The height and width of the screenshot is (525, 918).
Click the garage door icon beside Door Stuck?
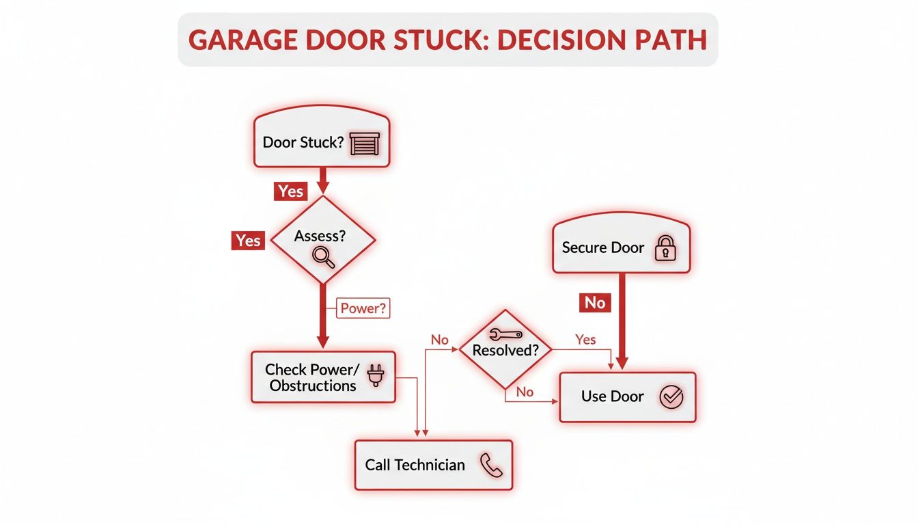[363, 144]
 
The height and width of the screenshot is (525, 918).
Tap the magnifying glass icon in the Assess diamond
[323, 256]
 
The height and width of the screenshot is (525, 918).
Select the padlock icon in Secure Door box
[665, 248]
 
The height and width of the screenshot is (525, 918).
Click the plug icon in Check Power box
[375, 376]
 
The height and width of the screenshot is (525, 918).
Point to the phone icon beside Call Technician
[490, 466]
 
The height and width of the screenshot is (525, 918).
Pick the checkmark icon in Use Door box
[671, 396]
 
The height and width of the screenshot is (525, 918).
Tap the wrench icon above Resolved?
[506, 334]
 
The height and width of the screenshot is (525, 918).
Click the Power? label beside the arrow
[363, 308]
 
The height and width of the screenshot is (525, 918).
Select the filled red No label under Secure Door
[595, 303]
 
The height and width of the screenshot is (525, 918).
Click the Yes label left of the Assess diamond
[248, 241]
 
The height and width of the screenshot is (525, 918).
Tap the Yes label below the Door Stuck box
[291, 191]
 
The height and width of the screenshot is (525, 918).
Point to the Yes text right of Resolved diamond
[585, 340]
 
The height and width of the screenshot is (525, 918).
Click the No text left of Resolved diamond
[439, 340]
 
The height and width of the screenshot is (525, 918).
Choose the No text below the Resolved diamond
[525, 392]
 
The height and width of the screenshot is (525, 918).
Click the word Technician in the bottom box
[430, 466]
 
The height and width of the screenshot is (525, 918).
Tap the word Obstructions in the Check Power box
[313, 386]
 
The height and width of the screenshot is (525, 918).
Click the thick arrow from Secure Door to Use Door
[622, 321]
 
